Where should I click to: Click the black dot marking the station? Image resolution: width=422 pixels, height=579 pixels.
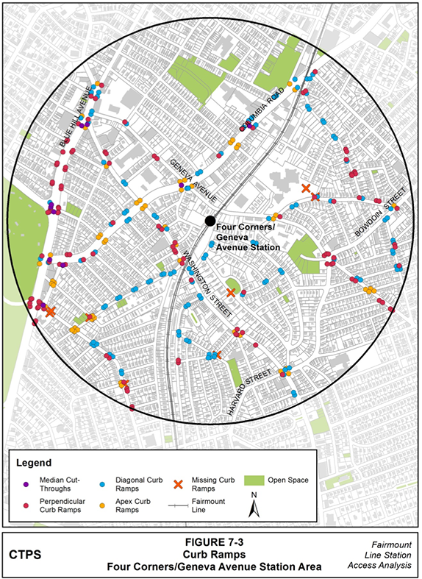point(210,220)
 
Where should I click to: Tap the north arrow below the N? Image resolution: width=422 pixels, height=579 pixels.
point(253,512)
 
